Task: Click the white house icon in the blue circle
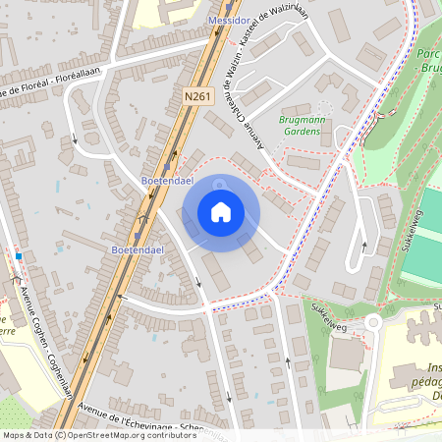point(221,212)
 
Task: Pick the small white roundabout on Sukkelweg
point(372,322)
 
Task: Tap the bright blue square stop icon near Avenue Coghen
point(18,256)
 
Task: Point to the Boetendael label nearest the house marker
point(165,181)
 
